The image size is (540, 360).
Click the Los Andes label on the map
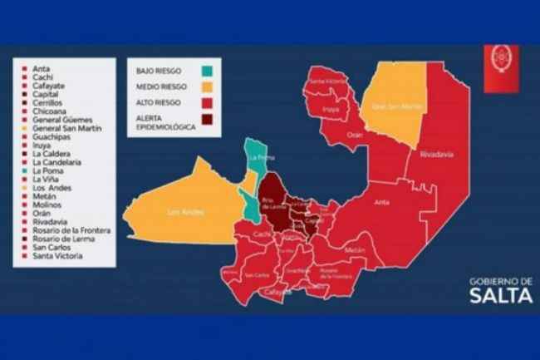click(184, 211)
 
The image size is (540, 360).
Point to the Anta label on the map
click(382, 201)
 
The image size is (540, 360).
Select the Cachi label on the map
click(262, 234)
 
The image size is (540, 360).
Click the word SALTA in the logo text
click(500, 297)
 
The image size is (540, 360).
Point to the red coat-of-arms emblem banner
click(502, 63)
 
